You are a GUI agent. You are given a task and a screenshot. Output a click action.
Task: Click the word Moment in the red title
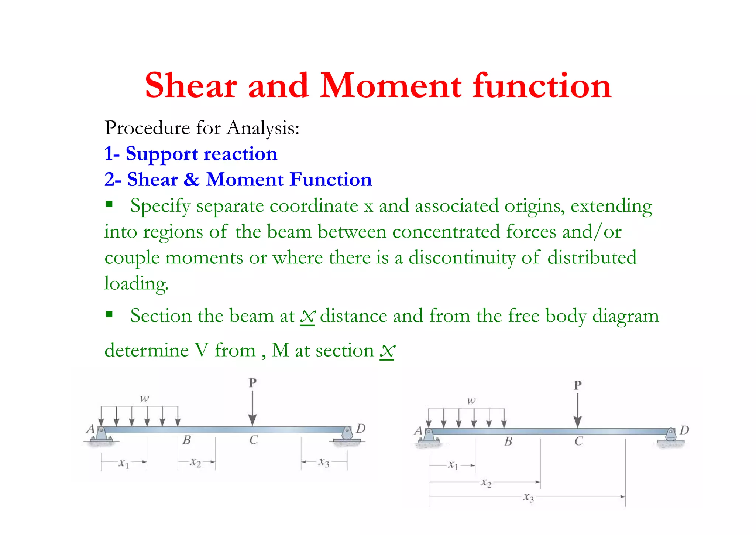[x=391, y=86]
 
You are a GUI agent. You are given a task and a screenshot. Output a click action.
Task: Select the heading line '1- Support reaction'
[x=190, y=154]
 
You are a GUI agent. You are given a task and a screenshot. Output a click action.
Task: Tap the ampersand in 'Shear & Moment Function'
[x=192, y=180]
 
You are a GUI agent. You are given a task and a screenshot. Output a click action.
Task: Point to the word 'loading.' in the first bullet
[x=136, y=284]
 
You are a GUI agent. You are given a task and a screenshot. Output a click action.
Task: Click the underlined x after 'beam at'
[x=307, y=317]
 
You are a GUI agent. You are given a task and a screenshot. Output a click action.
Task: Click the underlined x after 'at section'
[x=387, y=351]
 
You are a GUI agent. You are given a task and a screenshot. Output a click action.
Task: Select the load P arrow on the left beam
[x=252, y=408]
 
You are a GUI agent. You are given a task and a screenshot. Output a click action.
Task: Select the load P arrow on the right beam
[x=578, y=410]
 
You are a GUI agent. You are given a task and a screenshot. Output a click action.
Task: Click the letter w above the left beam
[x=144, y=398]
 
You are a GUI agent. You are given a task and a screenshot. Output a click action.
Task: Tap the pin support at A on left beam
[x=101, y=434]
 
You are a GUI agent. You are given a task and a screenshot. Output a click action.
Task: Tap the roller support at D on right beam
[x=671, y=436]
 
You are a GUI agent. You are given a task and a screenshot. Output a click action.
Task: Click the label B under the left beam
[x=187, y=440]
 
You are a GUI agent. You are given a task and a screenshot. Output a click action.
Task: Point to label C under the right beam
[x=578, y=441]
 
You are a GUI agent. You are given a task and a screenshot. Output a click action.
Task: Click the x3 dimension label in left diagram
[x=324, y=462]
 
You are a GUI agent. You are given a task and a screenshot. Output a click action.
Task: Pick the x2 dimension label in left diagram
[x=196, y=462]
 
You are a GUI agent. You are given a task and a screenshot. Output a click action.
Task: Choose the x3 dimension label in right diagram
[x=529, y=497]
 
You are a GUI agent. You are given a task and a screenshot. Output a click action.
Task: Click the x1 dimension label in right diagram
[x=453, y=465]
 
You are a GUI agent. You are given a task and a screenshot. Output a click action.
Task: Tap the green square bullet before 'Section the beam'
[x=109, y=314]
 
